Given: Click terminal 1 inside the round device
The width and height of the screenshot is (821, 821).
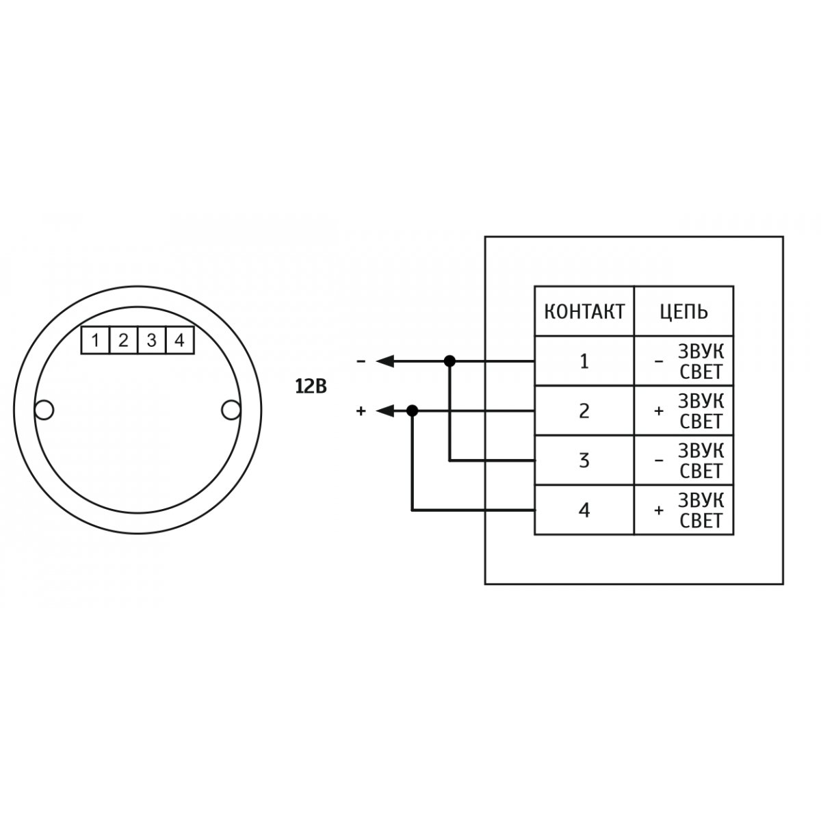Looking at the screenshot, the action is pos(95,341).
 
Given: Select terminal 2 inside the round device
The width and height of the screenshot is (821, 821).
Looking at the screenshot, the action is pos(124,341).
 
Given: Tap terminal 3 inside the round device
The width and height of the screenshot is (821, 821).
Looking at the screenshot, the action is pos(152,341).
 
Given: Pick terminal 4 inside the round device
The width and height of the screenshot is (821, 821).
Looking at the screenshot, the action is pos(180,341).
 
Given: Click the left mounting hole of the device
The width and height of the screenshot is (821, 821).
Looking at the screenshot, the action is pos(44,410).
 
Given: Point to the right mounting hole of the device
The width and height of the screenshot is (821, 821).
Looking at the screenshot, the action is pos(231,410).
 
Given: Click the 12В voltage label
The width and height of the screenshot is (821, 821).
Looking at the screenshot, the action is pos(311,387).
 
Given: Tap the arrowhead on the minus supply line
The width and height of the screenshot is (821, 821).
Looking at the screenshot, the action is pos(385,361).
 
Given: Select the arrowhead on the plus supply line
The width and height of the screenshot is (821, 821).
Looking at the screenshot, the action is pos(385,410).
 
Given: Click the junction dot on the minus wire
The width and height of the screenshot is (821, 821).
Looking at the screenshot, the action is pos(449,361).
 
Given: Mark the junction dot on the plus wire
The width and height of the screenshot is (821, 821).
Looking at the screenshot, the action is pos(412,410).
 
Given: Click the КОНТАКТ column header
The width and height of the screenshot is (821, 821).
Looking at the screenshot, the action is pos(584,311).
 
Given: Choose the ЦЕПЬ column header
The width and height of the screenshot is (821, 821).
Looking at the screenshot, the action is pos(683,312).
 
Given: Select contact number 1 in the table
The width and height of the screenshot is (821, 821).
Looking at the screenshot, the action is pos(584,361).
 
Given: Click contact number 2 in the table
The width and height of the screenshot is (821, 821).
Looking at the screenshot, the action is pos(584,410).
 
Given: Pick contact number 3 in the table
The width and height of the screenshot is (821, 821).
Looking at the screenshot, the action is pos(584,460).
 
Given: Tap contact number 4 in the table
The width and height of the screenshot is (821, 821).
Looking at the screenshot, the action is pos(584,510).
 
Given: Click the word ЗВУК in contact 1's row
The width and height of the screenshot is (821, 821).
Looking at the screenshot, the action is pos(701,352).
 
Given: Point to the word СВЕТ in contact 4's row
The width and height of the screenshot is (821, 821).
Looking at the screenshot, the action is pos(701,521).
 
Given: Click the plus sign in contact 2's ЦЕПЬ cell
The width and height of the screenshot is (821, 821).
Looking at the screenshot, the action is pos(659,411).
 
